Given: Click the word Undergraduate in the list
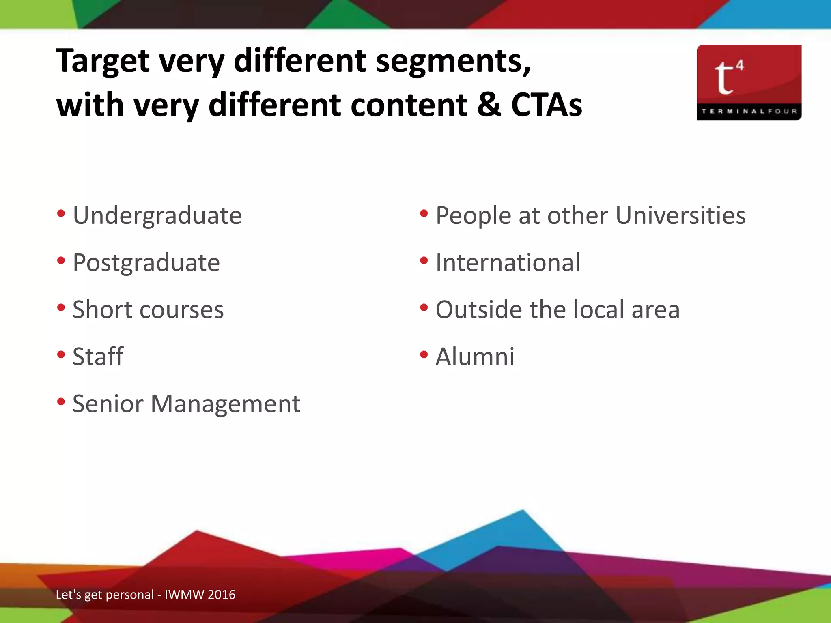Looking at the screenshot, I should pos(157,216).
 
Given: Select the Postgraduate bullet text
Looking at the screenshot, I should pos(146,263).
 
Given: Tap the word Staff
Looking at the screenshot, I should pos(98,357).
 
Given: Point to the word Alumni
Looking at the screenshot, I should pos(475,357).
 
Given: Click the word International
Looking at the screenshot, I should pos(508,262).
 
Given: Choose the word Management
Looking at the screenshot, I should pos(225,404).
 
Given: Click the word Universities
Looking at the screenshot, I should pos(680,215).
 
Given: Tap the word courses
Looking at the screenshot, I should pos(181,310).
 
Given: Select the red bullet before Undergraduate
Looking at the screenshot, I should pos(61,213).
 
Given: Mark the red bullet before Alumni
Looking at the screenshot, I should pos(424,355).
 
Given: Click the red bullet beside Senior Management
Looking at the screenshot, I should pos(61,402).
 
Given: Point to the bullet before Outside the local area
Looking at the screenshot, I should pos(424,308).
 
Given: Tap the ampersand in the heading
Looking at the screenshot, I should pos(489,105).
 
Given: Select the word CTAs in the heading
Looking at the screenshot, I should pos(547,105).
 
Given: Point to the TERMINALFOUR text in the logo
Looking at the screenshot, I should pos(749,111).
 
